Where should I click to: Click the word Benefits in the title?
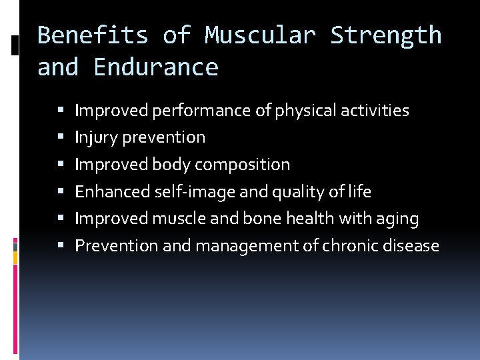(x=93, y=35)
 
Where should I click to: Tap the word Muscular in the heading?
(x=260, y=35)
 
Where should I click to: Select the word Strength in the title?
(x=385, y=35)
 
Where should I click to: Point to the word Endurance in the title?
(x=156, y=67)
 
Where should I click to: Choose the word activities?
(x=377, y=111)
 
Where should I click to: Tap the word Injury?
(x=94, y=137)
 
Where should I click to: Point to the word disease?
(x=412, y=246)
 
